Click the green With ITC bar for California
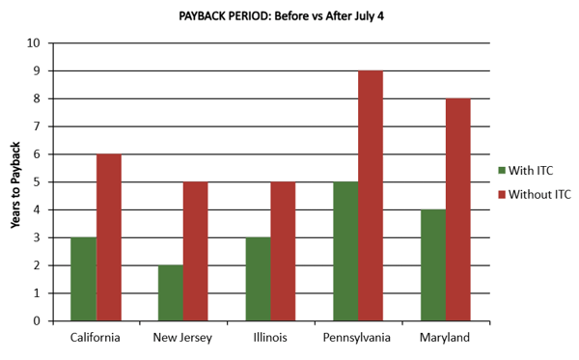(x=83, y=279)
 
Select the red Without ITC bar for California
(x=108, y=237)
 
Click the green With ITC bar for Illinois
(x=258, y=279)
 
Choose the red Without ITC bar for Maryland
(x=458, y=209)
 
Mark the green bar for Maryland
(x=433, y=265)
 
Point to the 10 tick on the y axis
(x=35, y=43)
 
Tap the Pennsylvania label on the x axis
(x=358, y=338)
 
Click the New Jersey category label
(x=183, y=338)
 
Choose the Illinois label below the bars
(x=270, y=338)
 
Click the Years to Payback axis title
(x=15, y=182)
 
